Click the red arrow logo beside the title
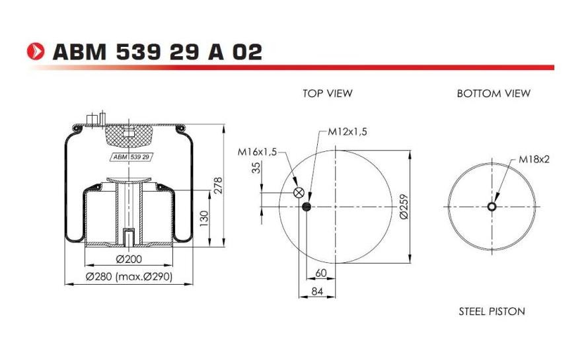click(36, 52)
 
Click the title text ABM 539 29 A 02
click(157, 52)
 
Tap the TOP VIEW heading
click(328, 93)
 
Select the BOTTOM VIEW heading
click(494, 93)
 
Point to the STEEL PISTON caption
click(492, 311)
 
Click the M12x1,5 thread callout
click(348, 131)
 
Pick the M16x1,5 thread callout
click(257, 152)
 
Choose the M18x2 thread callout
click(534, 159)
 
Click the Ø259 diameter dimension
click(404, 207)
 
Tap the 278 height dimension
click(217, 185)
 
